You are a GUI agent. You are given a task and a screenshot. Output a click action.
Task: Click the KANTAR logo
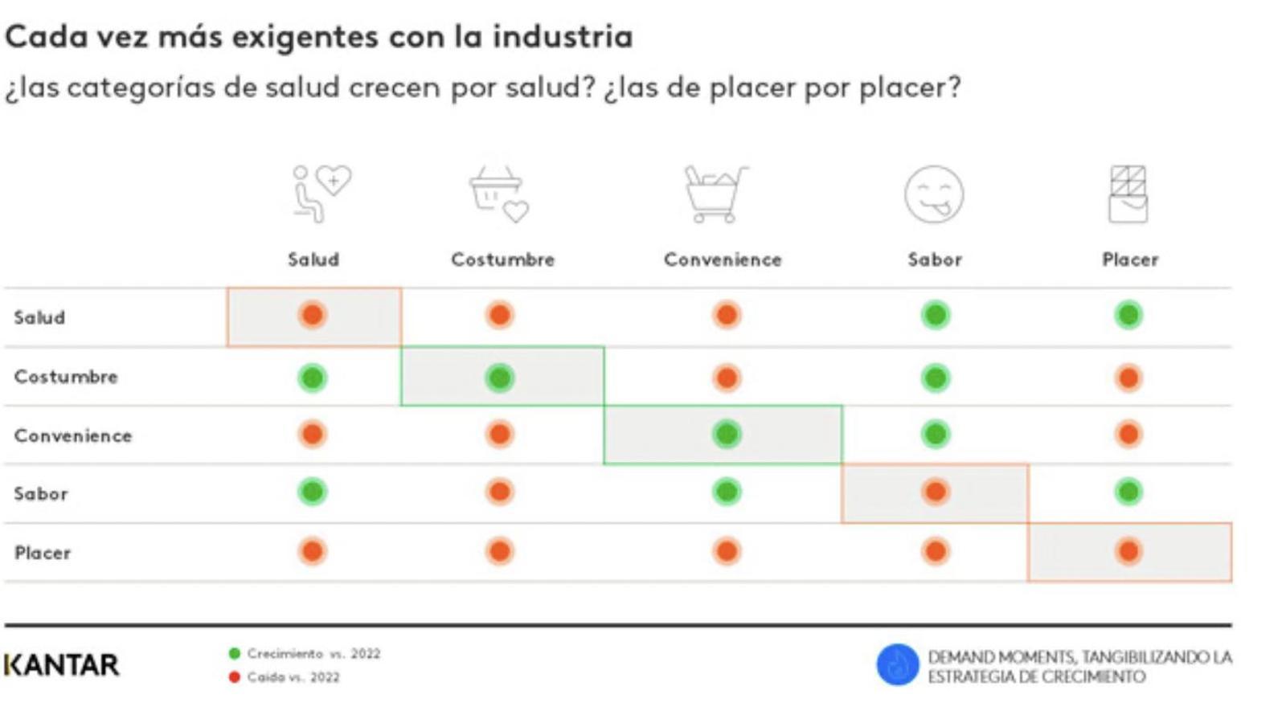62,664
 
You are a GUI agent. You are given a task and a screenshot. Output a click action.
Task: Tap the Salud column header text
313,259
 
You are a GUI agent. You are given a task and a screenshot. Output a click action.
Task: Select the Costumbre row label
66,377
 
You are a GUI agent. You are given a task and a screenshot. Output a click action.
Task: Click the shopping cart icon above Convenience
715,194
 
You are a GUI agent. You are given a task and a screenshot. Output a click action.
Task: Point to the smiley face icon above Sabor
934,194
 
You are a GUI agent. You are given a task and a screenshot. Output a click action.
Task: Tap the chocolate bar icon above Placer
1128,194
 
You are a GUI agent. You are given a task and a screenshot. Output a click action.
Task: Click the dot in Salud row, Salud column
313,315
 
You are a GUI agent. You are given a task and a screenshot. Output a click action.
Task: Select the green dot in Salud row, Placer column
1128,315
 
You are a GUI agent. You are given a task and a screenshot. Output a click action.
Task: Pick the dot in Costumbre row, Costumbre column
500,377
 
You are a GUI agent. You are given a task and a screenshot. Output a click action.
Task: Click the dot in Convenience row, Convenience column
727,435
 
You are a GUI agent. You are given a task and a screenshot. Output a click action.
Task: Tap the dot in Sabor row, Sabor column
935,492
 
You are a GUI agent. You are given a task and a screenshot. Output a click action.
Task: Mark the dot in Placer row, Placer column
1128,552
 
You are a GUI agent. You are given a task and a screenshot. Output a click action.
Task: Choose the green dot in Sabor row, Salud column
313,492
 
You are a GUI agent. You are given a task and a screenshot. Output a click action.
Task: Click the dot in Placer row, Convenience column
727,552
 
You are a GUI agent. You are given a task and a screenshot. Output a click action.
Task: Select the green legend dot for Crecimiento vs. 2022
235,654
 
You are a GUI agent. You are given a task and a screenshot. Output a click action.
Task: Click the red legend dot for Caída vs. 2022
235,677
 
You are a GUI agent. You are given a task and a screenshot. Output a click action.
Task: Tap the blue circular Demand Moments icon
897,665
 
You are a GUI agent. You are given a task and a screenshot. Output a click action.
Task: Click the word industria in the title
563,37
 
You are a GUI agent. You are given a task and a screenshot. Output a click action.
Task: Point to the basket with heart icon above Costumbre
499,194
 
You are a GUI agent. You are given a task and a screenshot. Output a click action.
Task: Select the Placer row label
43,553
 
